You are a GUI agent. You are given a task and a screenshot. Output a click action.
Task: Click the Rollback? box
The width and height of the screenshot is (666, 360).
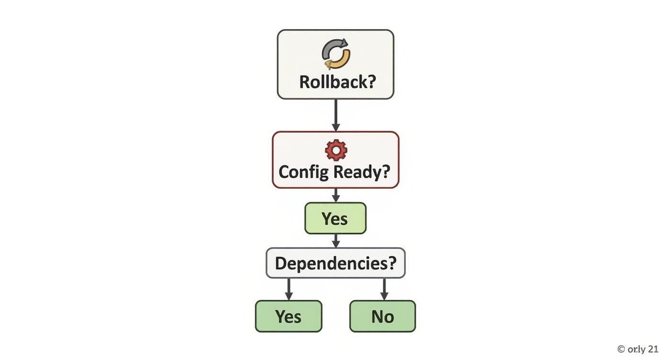pos(335,64)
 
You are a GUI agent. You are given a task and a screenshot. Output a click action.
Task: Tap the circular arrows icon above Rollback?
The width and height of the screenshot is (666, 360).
pos(336,54)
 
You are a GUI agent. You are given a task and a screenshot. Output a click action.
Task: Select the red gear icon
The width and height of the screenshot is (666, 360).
pos(336,150)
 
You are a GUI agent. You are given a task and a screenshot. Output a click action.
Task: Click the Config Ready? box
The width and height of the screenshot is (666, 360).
pos(335,160)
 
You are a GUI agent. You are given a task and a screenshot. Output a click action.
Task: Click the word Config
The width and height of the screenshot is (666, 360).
pos(304,172)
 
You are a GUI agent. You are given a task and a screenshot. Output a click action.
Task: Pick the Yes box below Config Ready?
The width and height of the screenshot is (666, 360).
pos(335,218)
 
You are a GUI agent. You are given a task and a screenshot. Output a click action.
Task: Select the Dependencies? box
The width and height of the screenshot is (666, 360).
pos(335,263)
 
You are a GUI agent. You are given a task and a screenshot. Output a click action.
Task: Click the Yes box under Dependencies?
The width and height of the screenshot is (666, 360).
pos(289,316)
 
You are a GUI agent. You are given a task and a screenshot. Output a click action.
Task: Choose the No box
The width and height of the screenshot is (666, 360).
pos(383,316)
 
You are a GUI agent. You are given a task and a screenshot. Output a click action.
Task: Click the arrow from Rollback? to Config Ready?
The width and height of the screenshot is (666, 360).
pos(335,115)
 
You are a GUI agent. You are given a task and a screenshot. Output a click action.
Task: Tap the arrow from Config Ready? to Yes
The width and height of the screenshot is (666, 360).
pos(335,195)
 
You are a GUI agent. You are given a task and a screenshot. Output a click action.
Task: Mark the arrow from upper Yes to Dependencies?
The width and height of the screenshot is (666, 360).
pos(335,241)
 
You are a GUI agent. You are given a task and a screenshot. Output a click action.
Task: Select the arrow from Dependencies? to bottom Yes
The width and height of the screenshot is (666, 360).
pos(289,289)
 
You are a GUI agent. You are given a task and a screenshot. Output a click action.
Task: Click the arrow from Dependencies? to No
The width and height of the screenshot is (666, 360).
pos(384,289)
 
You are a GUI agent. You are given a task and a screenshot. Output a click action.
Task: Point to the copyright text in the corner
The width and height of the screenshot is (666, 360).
pos(638,349)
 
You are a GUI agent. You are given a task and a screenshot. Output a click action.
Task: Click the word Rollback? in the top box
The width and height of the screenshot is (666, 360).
pos(337,82)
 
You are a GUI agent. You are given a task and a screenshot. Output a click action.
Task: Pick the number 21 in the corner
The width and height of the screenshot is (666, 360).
pos(653,349)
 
